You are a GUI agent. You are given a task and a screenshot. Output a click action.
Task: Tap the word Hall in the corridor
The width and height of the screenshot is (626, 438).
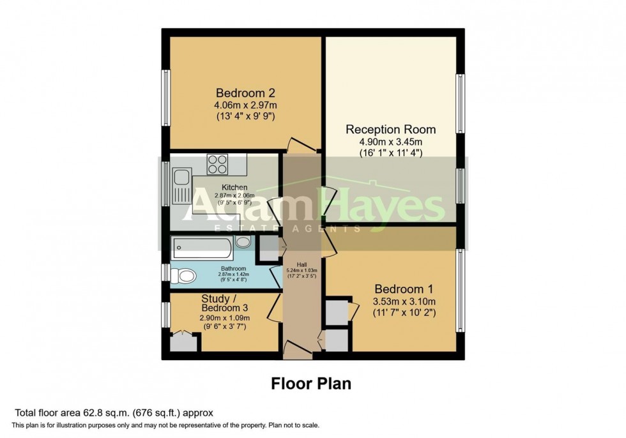(302, 264)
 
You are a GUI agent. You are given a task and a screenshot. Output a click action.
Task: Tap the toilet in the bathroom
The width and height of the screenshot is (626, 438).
(185, 276)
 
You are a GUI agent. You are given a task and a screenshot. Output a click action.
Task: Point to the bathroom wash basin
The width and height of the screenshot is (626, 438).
(243, 242)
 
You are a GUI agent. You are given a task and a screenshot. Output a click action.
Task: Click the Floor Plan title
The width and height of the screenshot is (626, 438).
(312, 384)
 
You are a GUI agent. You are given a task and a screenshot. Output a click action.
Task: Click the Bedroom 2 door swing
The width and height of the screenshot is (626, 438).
(300, 145)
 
